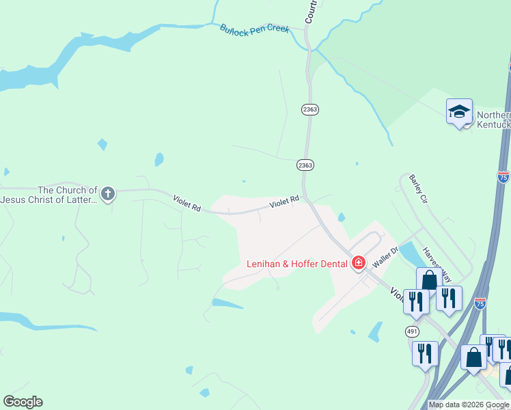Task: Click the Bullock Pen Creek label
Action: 255,29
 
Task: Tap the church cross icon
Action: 107,194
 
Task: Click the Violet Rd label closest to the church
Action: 187,204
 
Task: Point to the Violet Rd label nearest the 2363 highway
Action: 284,201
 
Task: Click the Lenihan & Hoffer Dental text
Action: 296,264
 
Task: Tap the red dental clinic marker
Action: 358,263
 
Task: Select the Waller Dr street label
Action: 385,258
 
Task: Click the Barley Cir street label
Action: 417,189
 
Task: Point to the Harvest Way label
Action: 437,264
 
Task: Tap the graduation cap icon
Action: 459,111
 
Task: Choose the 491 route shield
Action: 411,331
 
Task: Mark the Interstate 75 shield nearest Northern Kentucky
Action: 503,176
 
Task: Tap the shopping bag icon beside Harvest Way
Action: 429,279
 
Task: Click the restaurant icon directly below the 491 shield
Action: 425,353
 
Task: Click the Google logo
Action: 23,402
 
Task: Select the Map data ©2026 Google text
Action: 469,405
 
